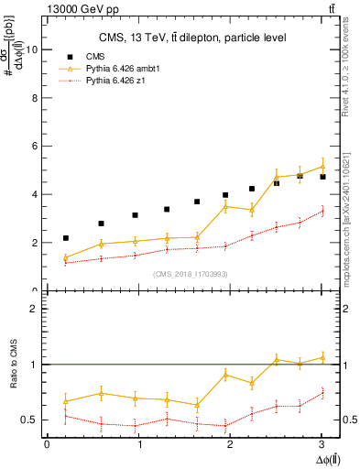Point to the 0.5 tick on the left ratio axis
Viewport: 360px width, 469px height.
(29, 420)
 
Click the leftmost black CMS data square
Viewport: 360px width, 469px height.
(65, 238)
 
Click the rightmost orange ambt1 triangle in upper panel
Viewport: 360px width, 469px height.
(322, 166)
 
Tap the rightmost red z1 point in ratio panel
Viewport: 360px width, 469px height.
(322, 392)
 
